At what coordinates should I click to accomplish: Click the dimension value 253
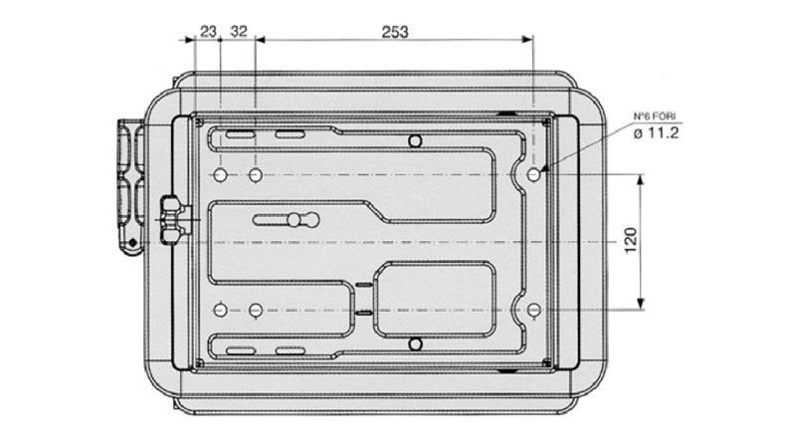pos(394,32)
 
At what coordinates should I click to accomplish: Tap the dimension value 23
pos(208,32)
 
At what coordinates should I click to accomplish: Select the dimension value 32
pos(239,32)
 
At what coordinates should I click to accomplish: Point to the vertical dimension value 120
pos(630,241)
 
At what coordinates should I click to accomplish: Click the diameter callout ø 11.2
pos(656,133)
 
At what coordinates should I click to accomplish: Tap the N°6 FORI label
pos(655,116)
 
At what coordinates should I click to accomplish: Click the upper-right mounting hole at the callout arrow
pos(533,175)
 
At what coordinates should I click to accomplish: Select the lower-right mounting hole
pos(533,310)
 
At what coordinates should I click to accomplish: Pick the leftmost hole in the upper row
pos(220,175)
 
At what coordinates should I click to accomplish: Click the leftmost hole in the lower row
pos(220,310)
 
